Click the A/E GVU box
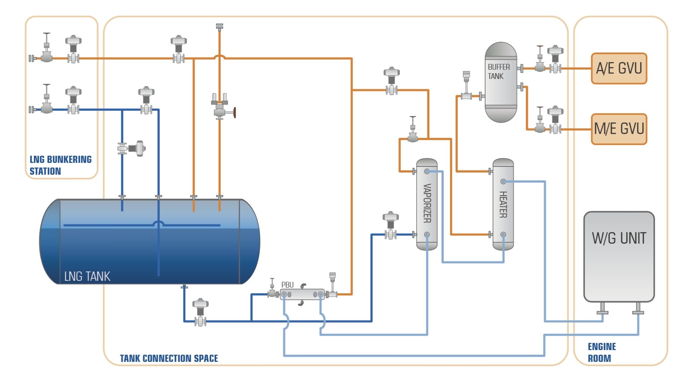coord(619,68)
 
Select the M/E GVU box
coord(619,129)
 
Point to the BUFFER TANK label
coord(498,72)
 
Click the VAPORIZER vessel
coord(427,204)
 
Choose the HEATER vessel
coord(503,204)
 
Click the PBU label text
coord(287,285)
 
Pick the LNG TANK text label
coord(87,276)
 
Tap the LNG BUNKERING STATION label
coord(60,165)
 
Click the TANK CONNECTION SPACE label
coord(169,358)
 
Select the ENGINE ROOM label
coord(601,352)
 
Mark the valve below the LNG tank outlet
coord(200,313)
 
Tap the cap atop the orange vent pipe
coord(219,26)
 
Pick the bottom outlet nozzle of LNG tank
coord(184,287)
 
